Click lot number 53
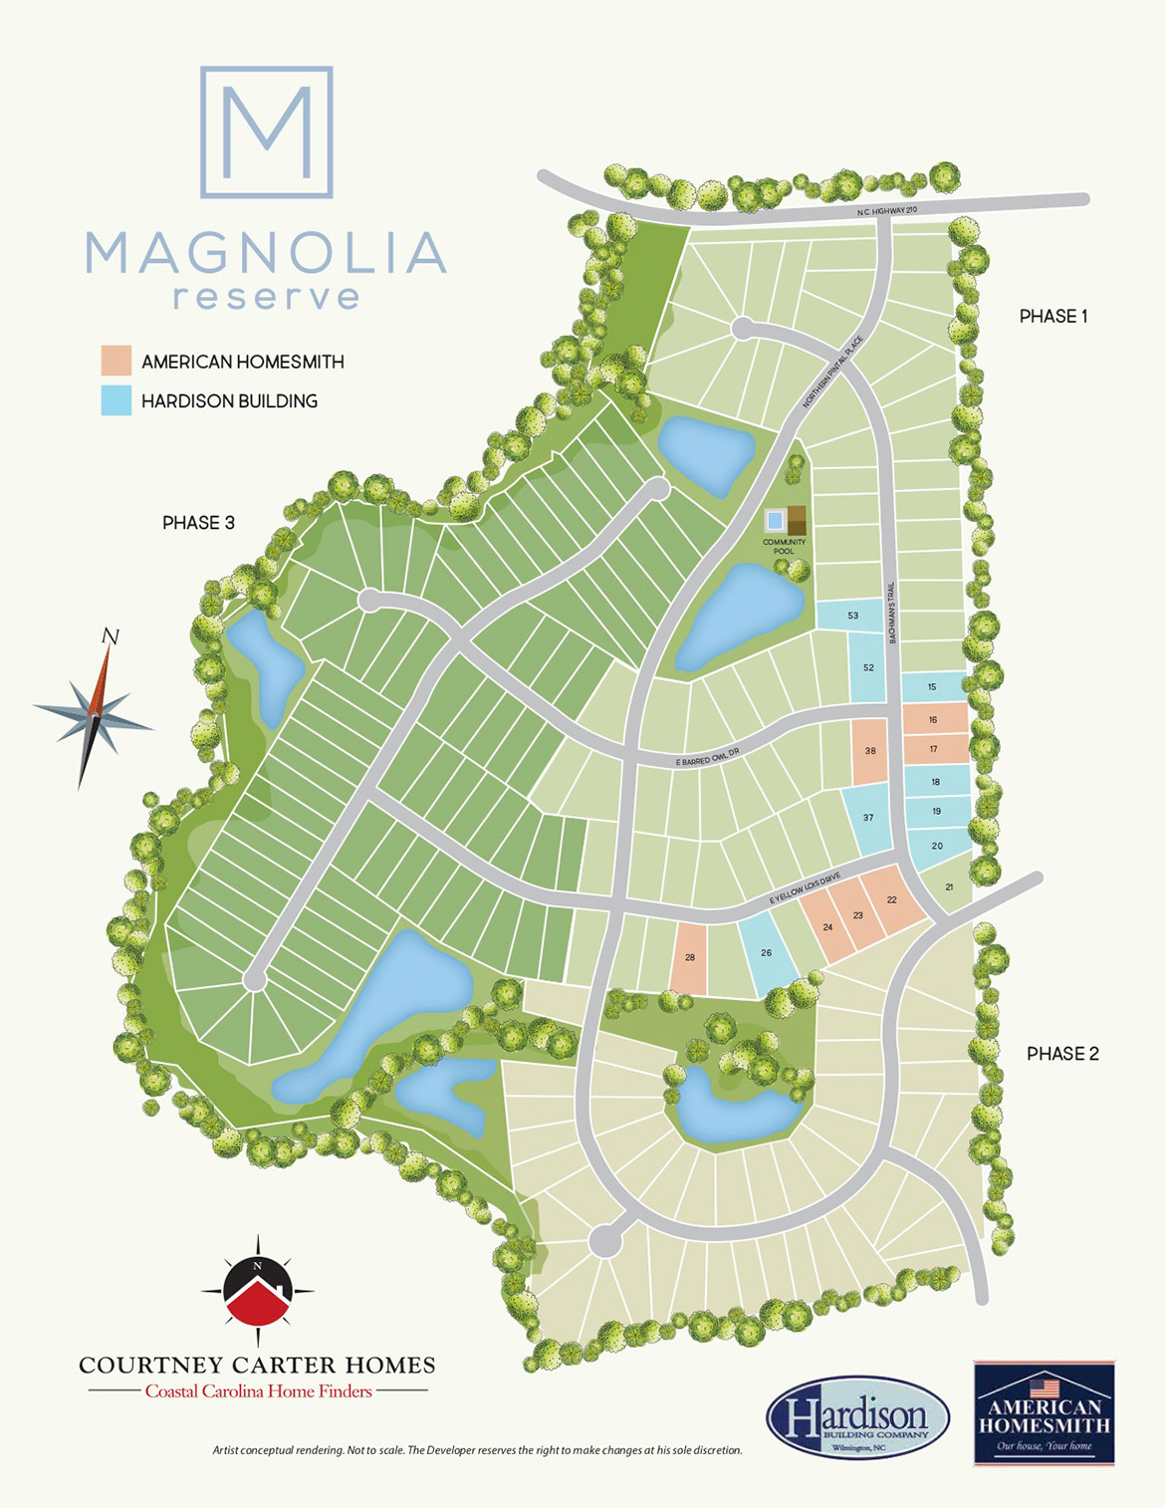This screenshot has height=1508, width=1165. pos(852,616)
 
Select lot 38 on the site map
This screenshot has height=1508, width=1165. pos(870,751)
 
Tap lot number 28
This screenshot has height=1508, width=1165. pos(690,957)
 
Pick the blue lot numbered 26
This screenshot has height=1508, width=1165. pos(766,953)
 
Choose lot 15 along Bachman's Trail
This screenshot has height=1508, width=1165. pos(932,687)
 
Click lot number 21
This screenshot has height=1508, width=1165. pos(949,886)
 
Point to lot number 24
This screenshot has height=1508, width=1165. pos(827,927)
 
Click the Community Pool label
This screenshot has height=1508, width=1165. pos(785,547)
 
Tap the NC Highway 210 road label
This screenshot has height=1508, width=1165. pos(886,211)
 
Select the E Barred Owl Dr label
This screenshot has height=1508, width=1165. pos(709,759)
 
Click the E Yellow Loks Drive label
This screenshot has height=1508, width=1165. pos(805,888)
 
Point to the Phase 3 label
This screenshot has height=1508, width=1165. pos(198,523)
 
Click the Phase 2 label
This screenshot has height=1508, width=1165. pos(1062,1054)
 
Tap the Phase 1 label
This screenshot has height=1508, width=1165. pos(1053,317)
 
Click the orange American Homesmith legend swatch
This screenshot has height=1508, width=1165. pos(116,361)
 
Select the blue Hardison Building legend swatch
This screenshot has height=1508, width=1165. pos(116,400)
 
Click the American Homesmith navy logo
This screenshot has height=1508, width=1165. pos(1044,1412)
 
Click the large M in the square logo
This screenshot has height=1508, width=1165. pos(266,132)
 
